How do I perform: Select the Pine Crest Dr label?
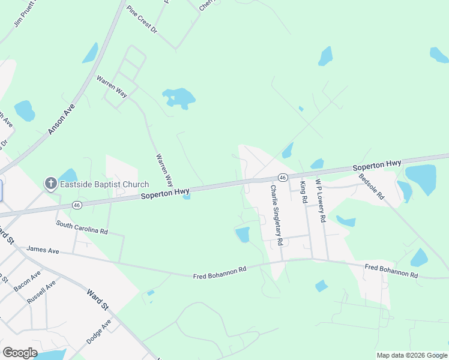[142, 20]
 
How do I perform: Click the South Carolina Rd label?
[82, 227]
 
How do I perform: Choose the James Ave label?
[42, 250]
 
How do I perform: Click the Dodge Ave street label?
[98, 331]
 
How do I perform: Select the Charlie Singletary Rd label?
[276, 215]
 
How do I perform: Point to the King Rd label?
[304, 191]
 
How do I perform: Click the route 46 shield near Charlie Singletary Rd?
[282, 177]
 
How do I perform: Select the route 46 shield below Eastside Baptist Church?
[76, 205]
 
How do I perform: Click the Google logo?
[20, 353]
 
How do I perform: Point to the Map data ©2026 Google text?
[412, 355]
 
